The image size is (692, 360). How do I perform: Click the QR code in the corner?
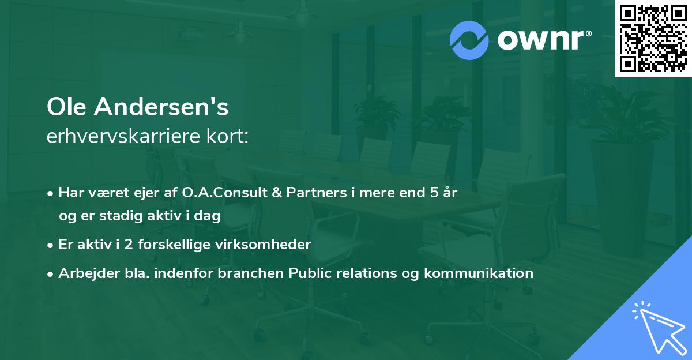[x=653, y=38]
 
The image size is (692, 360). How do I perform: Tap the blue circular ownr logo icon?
[x=469, y=40]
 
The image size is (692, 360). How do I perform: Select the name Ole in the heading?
[x=67, y=107]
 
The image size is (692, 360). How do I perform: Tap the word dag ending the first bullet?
[x=209, y=216]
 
